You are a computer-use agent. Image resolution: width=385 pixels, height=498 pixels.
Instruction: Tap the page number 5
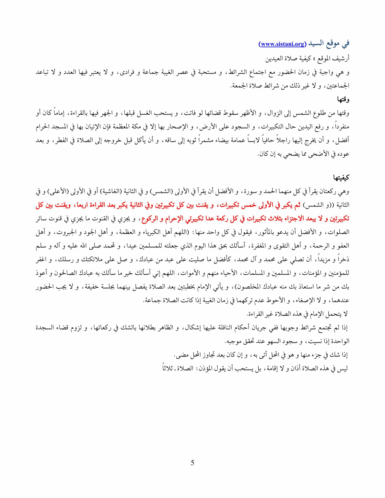pos(192,463)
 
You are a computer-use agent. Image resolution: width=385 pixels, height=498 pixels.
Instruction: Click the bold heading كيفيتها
pos(341,177)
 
